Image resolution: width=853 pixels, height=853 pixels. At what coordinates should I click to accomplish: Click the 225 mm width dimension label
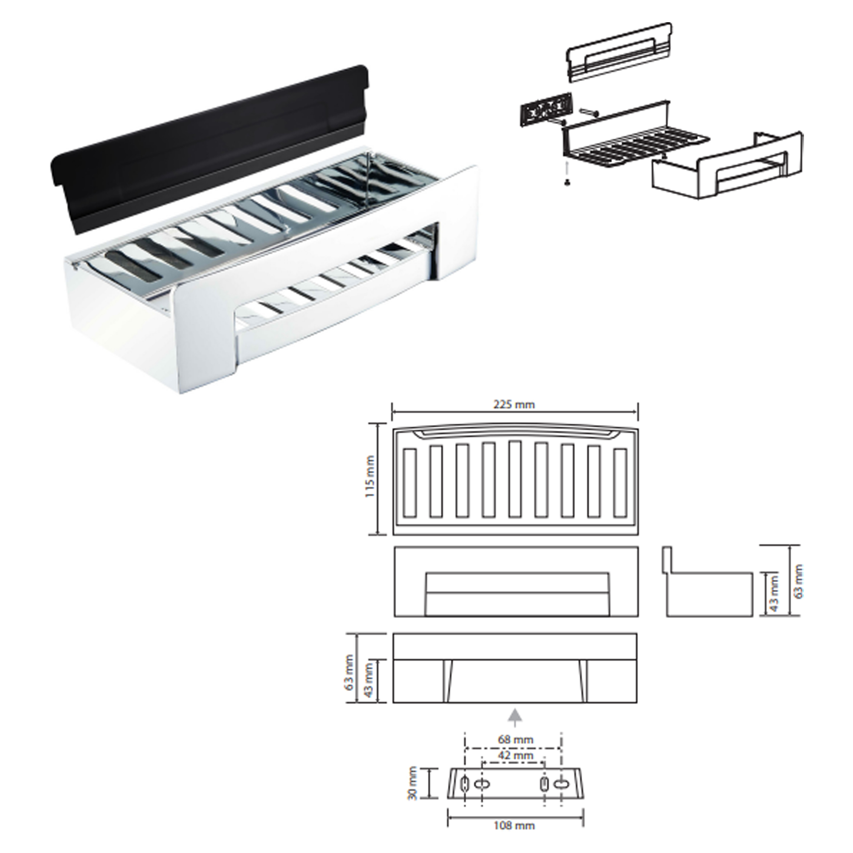[x=514, y=404]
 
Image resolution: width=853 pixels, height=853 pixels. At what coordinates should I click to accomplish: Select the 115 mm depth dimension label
[x=370, y=477]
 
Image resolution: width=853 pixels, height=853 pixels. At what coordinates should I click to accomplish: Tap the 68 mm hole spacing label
[x=516, y=739]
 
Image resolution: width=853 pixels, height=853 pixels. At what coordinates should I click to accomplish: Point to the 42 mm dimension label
[x=516, y=755]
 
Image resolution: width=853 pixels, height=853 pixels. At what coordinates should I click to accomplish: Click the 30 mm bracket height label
[x=413, y=783]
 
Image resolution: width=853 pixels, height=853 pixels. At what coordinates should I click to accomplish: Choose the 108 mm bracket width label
[x=514, y=825]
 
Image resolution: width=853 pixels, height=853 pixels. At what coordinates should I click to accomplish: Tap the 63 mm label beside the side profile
[x=798, y=581]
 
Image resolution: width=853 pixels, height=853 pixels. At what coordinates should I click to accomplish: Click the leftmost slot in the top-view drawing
[x=410, y=483]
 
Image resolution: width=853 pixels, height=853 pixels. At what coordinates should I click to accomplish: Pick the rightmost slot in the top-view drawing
[x=620, y=483]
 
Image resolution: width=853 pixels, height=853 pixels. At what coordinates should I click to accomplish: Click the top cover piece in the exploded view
[x=619, y=52]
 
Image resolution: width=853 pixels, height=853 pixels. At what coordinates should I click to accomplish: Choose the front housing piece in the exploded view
[x=728, y=165]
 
